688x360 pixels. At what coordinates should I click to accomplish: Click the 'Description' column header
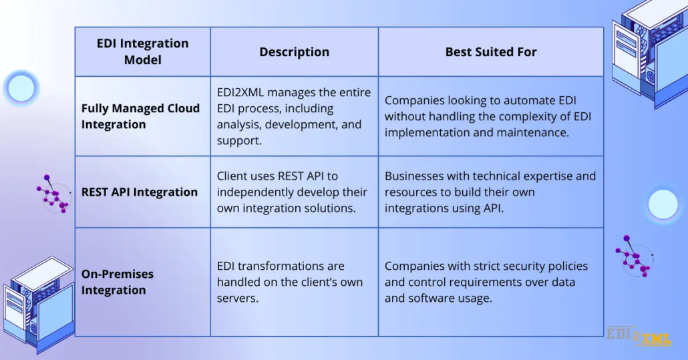294,51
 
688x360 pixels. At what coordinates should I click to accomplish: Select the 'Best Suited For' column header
491,51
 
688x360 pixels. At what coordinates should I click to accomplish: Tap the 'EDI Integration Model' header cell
142,51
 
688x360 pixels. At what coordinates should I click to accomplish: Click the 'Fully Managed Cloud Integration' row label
140,116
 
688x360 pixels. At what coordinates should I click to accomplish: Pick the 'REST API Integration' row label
140,192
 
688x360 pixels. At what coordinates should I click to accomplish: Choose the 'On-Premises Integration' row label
118,282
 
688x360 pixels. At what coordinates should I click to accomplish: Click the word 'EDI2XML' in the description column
240,93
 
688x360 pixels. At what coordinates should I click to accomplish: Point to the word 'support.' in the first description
239,141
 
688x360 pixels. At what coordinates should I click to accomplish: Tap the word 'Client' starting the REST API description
232,176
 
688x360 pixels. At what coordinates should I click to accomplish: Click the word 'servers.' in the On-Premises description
237,298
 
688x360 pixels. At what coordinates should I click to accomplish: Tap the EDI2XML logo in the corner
639,337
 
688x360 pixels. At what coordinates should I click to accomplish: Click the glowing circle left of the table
21,88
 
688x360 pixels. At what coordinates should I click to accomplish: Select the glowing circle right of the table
663,204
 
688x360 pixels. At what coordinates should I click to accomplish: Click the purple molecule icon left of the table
53,194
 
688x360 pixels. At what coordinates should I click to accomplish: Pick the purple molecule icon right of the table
635,256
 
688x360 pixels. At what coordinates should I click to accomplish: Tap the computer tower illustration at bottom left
39,305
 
